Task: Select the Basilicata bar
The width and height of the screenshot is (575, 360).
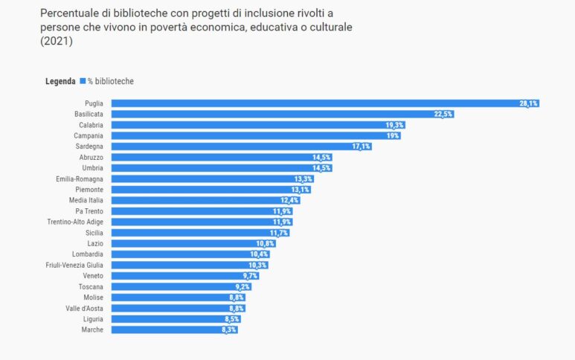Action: (x=283, y=114)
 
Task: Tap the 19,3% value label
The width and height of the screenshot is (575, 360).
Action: (x=394, y=125)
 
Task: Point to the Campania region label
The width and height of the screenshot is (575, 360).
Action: (x=89, y=136)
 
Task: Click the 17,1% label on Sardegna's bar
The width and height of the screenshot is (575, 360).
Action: (x=361, y=147)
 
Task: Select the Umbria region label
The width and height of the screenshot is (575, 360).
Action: (x=91, y=168)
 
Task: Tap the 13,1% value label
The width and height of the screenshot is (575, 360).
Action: (x=301, y=190)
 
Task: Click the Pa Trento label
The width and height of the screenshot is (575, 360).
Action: (x=89, y=211)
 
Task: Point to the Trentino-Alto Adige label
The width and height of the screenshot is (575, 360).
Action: (x=77, y=222)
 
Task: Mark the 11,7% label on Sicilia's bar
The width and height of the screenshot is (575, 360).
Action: (x=279, y=233)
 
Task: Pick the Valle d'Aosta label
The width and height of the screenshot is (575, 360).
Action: (x=83, y=308)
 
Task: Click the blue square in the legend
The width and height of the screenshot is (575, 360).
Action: (x=83, y=80)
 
